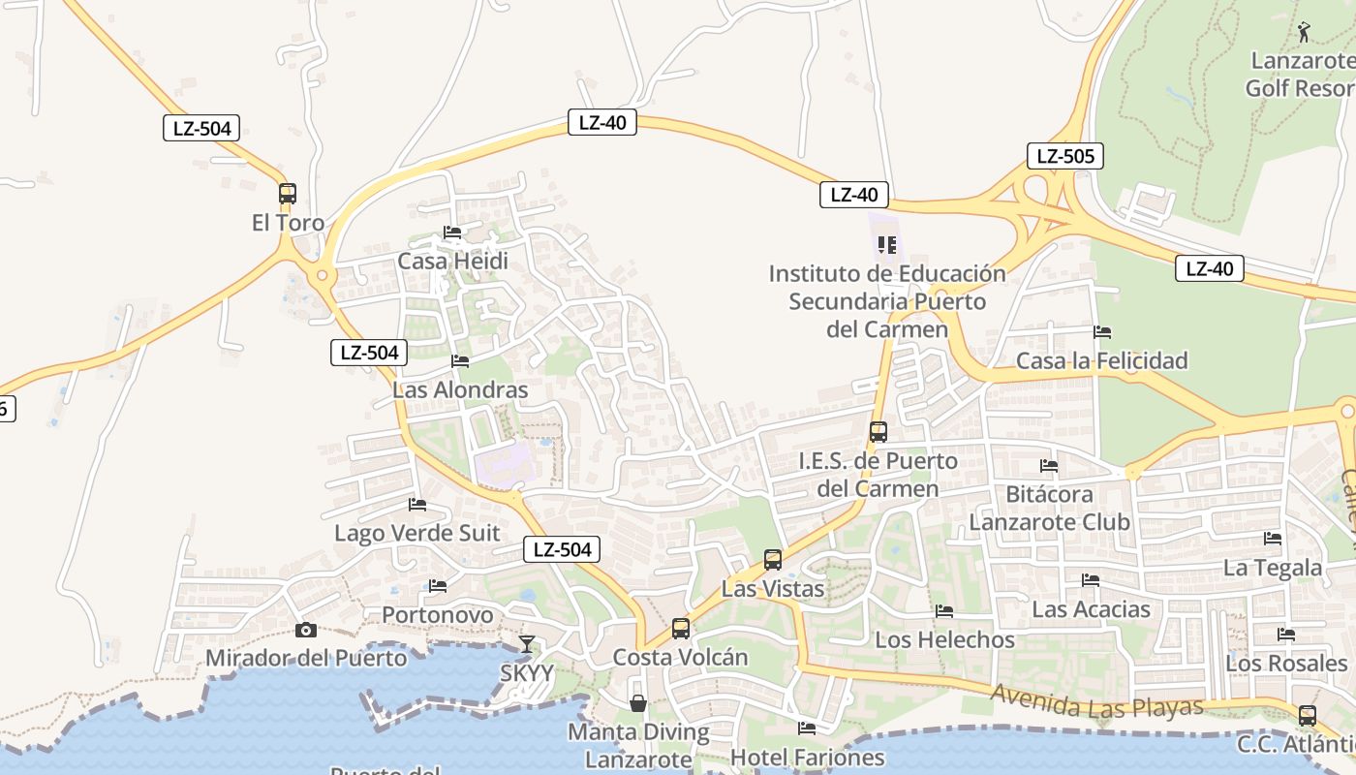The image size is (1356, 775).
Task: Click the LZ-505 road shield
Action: [x=1065, y=156]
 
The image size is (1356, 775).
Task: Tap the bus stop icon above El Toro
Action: [x=288, y=193]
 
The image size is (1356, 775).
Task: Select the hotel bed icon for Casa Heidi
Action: [x=452, y=232]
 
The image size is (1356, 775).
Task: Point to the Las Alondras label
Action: [x=460, y=390]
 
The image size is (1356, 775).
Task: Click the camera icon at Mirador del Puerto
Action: [x=306, y=631]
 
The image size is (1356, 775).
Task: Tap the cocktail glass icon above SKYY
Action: [x=526, y=643]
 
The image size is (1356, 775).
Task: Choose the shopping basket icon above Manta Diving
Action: [x=638, y=702]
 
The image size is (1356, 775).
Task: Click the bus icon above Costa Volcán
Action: [x=681, y=629]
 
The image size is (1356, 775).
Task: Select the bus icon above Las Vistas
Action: [x=773, y=560]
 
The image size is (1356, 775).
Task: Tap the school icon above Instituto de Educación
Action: [x=887, y=245]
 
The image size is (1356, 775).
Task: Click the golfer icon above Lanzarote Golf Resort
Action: [x=1304, y=33]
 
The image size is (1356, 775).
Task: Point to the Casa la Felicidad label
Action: [x=1101, y=361]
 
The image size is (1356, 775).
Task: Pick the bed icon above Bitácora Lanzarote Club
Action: [x=1049, y=466]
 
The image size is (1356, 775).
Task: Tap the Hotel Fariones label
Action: [x=808, y=757]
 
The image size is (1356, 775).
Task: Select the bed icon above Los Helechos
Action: [x=944, y=611]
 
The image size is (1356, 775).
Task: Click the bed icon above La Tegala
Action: [x=1273, y=539]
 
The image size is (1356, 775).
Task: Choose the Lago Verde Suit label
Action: [x=417, y=533]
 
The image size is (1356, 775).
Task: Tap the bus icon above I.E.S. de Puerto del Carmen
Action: [x=878, y=432]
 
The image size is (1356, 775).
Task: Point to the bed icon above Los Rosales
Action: [x=1286, y=635]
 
